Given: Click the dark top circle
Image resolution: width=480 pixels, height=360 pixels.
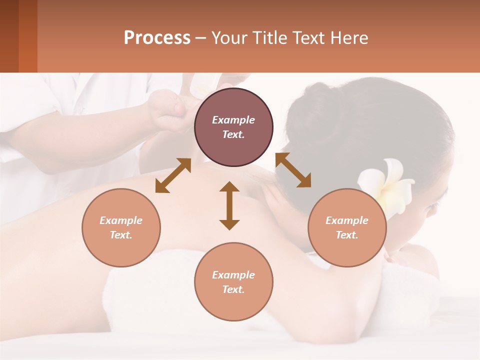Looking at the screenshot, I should tap(233, 127).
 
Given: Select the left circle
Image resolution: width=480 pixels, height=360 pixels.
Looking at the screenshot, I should tap(121, 227).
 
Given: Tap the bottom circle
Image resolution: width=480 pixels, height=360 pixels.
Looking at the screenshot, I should tap(233, 281).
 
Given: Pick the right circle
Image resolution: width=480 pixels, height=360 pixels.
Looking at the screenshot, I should tap(347, 227).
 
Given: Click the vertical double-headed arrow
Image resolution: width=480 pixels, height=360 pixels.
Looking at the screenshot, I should tap(229, 205).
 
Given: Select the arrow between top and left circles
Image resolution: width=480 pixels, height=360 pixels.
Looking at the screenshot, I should tap(173, 175).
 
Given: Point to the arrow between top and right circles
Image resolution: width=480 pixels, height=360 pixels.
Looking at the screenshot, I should tap(293, 170).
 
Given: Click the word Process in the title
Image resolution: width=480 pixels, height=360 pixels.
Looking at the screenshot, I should tap(157, 37).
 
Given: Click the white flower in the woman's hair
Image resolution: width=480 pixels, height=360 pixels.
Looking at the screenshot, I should tap(387, 182).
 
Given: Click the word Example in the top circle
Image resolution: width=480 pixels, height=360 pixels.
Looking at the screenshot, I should tap(233, 120).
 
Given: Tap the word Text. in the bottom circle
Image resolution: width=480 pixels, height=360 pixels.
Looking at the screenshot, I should tap(233, 289).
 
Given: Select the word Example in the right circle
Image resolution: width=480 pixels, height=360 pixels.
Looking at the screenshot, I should tap(347, 220).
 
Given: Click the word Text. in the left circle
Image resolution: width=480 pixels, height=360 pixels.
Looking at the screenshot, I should tap(121, 235).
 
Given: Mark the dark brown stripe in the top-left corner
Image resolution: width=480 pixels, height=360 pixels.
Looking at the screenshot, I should tap(9, 36).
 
